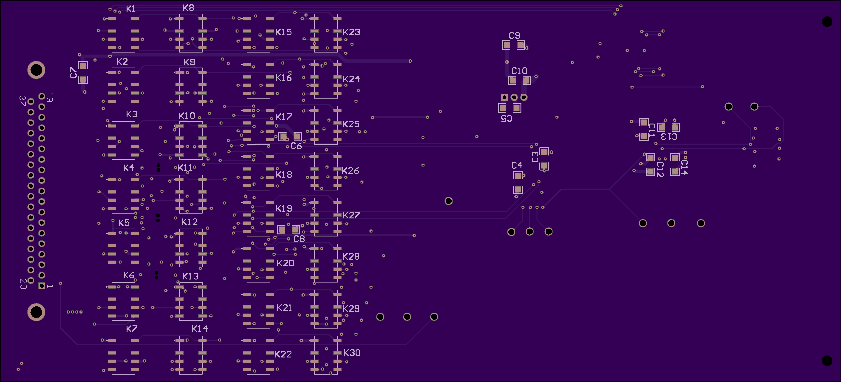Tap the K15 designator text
pos(283,32)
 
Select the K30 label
pos(352,353)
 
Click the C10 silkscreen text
pos(519,71)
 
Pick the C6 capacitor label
pos(296,146)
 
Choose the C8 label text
pos(299,239)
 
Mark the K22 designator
pos(283,354)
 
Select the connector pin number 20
pos(23,284)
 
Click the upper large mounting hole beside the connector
pos(36,70)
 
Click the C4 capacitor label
pos(517,165)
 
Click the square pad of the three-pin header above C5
pos(504,97)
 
